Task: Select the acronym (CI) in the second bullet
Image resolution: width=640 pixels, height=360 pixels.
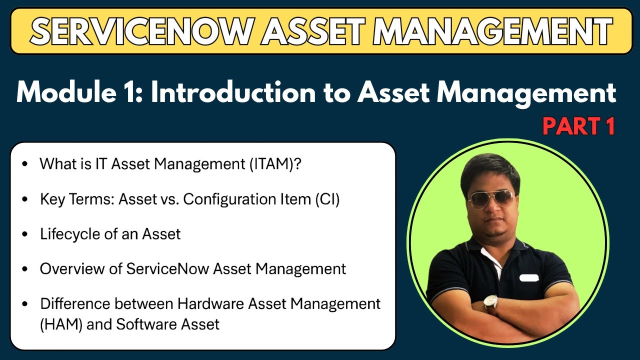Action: pyautogui.click(x=327, y=199)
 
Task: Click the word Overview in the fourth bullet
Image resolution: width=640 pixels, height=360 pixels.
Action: pyautogui.click(x=80, y=269)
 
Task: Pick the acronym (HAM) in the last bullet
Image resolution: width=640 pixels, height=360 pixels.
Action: pyautogui.click(x=61, y=324)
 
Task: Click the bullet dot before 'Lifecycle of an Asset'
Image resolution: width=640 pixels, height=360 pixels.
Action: pyautogui.click(x=25, y=234)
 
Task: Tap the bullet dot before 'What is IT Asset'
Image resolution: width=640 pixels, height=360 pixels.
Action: pyautogui.click(x=25, y=164)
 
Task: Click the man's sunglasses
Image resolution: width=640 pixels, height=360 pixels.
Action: pyautogui.click(x=491, y=198)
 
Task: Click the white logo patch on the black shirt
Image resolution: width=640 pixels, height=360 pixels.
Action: pyautogui.click(x=528, y=277)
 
